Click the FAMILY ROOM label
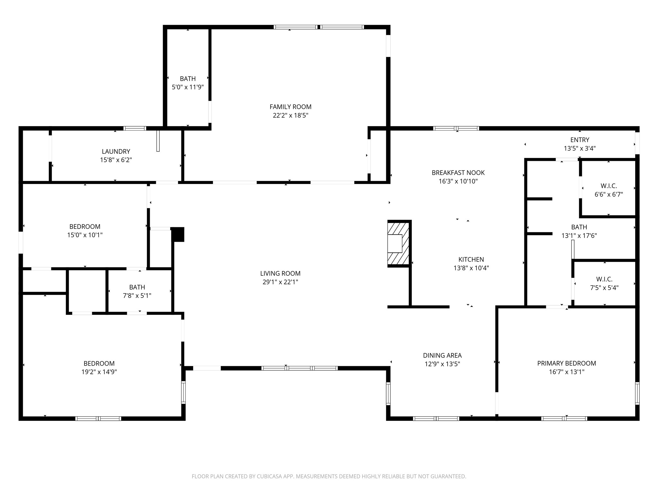point(290,107)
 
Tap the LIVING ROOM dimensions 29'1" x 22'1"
point(280,282)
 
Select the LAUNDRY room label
point(116,151)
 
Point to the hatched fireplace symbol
point(398,244)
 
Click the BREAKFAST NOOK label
point(458,173)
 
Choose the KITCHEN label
point(471,259)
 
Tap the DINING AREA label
point(442,355)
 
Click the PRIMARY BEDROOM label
point(566,363)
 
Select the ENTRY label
point(580,140)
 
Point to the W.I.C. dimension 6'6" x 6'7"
point(609,195)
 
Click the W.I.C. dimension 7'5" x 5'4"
point(604,288)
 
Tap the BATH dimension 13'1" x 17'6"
point(579,236)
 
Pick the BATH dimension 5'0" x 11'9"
point(188,87)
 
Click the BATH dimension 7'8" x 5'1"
point(137,296)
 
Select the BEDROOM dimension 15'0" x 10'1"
point(85,235)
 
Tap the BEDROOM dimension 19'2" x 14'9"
point(99,372)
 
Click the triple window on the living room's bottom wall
point(299,368)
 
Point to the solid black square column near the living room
point(178,234)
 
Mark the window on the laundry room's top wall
point(135,128)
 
